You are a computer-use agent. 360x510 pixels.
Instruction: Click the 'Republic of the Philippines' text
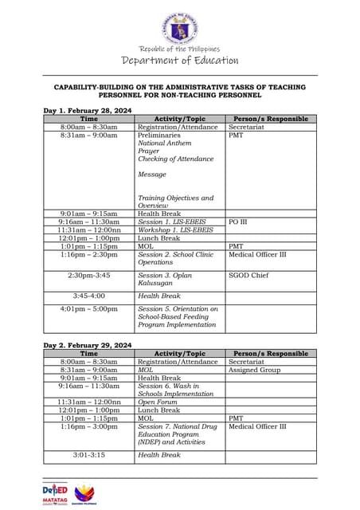[179, 49]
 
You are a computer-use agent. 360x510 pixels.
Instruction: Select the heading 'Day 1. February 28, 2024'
[88, 111]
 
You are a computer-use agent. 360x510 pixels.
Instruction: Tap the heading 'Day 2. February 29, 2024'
[88, 345]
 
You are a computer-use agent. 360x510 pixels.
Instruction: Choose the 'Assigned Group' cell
[255, 370]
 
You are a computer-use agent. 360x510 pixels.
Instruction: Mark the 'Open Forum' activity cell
[158, 402]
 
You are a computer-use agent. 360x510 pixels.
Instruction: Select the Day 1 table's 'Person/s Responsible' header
[270, 119]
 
